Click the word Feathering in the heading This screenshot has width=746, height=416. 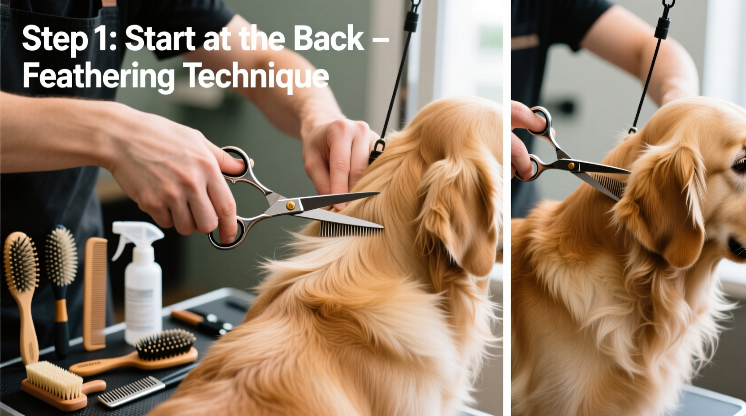point(98,76)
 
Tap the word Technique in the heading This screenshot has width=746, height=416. point(256,76)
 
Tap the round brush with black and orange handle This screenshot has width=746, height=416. point(61,278)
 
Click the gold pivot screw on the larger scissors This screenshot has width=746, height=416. point(291,205)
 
